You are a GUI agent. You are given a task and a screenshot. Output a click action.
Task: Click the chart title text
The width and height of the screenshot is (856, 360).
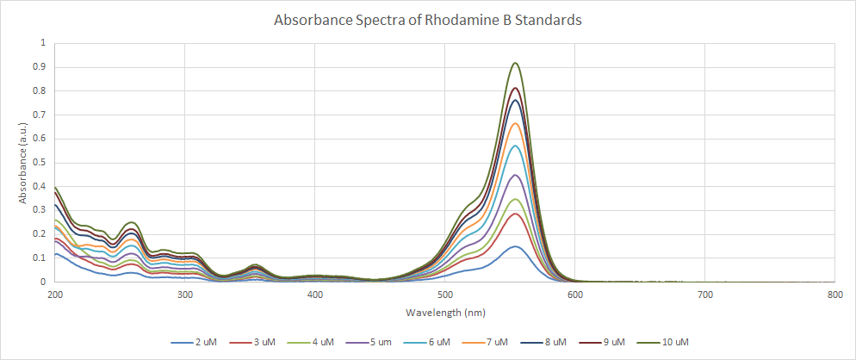(x=427, y=20)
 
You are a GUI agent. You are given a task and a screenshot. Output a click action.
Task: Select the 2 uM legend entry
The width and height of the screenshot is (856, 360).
(x=194, y=342)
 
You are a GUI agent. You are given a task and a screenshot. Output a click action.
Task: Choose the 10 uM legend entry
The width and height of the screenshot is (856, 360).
(x=673, y=342)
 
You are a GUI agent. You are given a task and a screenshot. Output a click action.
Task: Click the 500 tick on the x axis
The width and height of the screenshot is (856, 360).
(x=444, y=295)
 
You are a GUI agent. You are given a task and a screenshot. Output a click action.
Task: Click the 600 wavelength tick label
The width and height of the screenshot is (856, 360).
(x=574, y=295)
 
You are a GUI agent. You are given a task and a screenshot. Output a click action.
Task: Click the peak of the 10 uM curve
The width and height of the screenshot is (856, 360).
(x=515, y=63)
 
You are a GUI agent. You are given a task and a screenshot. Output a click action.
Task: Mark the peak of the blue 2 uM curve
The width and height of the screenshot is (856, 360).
(x=515, y=246)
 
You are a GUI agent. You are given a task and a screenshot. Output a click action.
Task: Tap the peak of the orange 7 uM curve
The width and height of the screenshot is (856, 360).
(x=515, y=123)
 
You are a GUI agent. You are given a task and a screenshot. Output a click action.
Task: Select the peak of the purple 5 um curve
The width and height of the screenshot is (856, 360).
(x=515, y=175)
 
